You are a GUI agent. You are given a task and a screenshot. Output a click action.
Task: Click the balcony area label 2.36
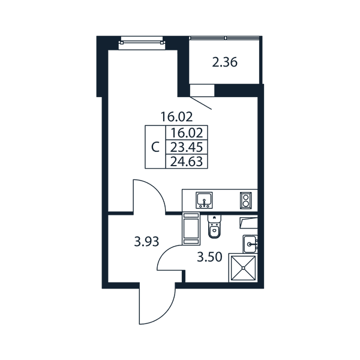click(224, 62)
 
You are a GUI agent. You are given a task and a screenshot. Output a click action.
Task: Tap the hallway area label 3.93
click(146, 242)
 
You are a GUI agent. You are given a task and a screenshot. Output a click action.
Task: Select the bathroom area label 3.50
click(209, 257)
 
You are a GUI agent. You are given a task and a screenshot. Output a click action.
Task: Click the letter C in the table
click(155, 147)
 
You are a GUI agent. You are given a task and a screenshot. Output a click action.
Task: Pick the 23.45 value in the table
click(187, 147)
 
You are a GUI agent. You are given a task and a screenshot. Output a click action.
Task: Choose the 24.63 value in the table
click(187, 161)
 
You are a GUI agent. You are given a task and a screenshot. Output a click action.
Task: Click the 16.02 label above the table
click(176, 116)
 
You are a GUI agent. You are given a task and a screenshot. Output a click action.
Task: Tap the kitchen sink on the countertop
click(204, 200)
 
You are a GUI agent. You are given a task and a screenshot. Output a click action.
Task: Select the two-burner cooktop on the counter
click(246, 200)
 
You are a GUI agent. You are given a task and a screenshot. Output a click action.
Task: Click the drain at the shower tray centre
click(243, 268)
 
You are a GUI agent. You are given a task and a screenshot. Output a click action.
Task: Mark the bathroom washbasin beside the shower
click(250, 244)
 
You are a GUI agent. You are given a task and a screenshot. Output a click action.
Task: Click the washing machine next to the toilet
click(191, 229)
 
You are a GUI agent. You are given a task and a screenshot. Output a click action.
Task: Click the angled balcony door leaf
click(200, 103)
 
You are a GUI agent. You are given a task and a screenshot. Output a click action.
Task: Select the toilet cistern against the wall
click(214, 219)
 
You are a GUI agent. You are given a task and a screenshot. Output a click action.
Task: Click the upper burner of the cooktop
click(246, 197)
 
